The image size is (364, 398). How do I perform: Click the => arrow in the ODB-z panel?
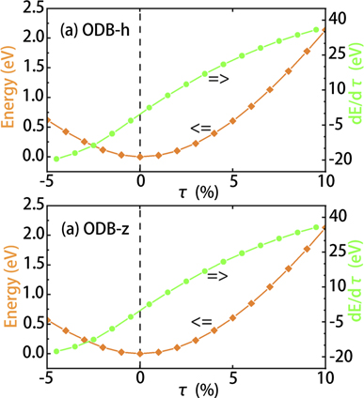tap(218, 275)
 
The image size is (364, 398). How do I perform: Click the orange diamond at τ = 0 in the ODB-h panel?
tap(140, 157)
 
